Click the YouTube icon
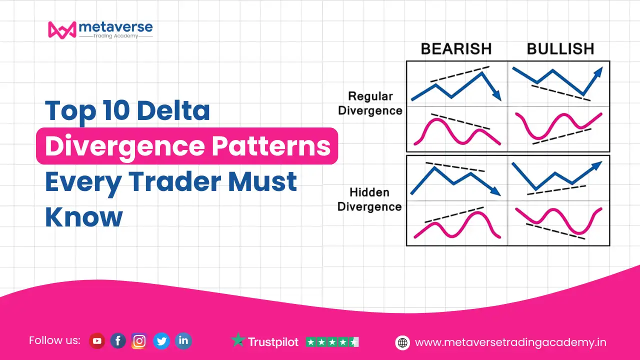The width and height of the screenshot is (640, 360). tap(97, 341)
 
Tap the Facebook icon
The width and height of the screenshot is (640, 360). tap(118, 341)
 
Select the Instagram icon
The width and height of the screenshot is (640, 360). tap(139, 341)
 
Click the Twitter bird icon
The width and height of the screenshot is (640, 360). tap(161, 341)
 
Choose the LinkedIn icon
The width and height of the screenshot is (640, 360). tap(183, 341)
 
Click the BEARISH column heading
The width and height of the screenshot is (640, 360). tap(456, 49)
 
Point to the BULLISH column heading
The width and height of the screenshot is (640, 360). tap(560, 49)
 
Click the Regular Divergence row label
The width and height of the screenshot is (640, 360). tap(370, 103)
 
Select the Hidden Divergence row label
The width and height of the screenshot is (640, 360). tap(369, 199)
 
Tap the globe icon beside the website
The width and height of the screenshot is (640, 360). tap(402, 342)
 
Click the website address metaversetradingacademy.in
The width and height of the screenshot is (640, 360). tap(510, 342)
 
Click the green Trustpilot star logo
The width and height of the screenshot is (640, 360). tap(238, 339)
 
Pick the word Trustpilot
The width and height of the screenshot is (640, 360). tap(273, 342)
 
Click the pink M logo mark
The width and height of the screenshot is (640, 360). tap(62, 29)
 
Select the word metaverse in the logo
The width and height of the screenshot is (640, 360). tap(115, 27)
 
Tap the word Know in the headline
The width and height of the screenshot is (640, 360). tap(84, 216)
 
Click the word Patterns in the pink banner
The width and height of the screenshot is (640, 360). tap(271, 146)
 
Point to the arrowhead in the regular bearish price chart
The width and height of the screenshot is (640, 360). tap(497, 96)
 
